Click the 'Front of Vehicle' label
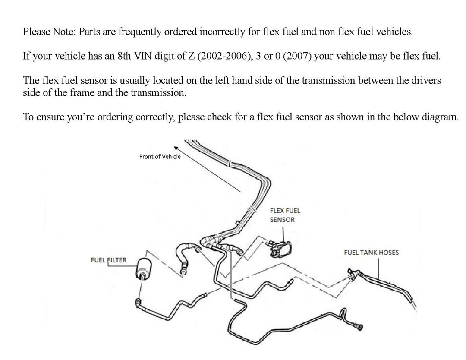tap(160, 157)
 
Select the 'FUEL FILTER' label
tap(108, 260)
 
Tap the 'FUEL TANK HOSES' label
tap(371, 252)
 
